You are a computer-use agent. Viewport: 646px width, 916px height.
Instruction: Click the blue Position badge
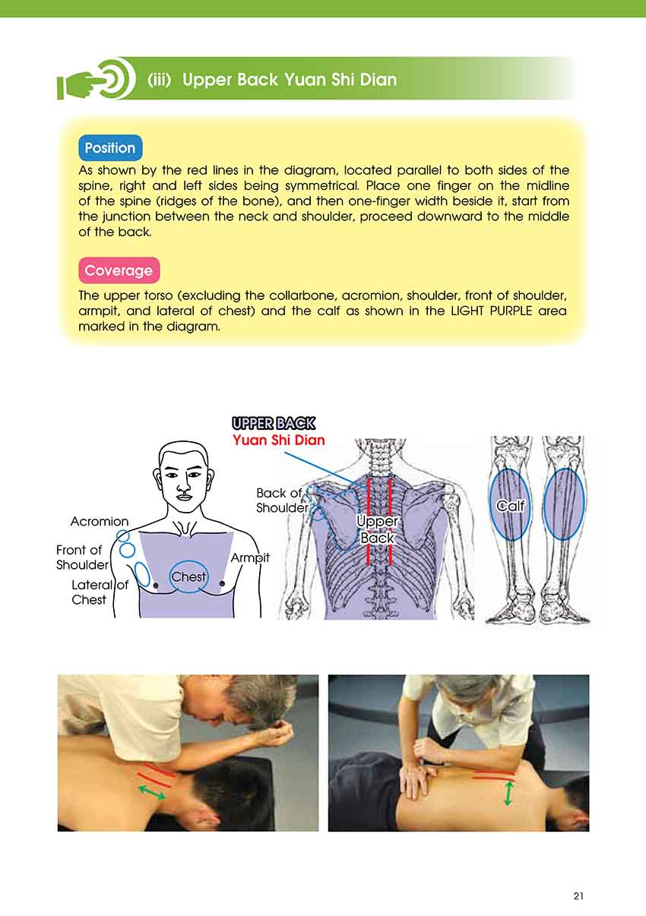click(110, 147)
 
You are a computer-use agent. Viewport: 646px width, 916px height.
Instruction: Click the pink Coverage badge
click(119, 270)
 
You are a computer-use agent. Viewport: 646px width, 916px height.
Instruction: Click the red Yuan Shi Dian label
click(279, 440)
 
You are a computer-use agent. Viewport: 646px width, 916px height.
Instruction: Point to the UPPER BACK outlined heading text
click(274, 423)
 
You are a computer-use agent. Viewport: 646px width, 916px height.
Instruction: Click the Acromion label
click(100, 521)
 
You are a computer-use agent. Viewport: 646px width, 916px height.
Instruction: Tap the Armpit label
click(250, 558)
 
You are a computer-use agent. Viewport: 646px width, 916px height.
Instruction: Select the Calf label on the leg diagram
click(510, 507)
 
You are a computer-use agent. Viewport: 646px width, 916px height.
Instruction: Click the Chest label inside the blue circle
click(188, 576)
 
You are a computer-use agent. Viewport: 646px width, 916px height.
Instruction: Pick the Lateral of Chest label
click(100, 592)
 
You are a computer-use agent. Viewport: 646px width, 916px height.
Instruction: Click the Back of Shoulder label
click(281, 501)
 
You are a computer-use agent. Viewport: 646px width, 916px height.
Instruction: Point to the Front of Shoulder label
click(82, 557)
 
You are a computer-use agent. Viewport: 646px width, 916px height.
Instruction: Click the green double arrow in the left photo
click(152, 791)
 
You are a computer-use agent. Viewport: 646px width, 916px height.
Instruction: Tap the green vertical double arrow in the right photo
click(508, 793)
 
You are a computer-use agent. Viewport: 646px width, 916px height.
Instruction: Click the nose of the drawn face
click(183, 486)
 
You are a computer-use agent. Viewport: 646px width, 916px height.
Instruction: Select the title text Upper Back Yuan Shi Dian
click(290, 79)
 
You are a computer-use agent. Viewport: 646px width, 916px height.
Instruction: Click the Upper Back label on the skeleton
click(377, 529)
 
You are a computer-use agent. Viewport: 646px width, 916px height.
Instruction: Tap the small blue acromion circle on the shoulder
click(123, 535)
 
